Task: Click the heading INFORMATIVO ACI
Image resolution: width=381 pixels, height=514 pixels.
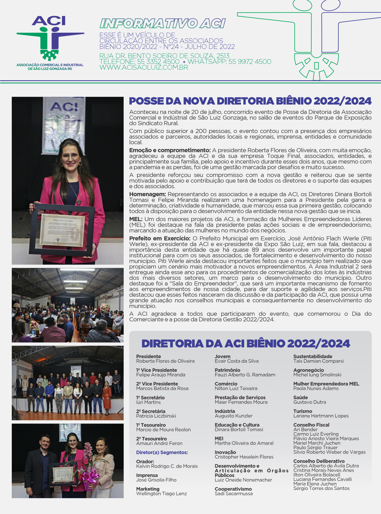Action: pyautogui.click(x=163, y=24)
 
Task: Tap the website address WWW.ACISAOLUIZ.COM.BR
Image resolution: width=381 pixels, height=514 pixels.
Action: pyautogui.click(x=144, y=67)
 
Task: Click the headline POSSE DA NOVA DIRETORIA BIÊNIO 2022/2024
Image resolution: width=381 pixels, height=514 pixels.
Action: pyautogui.click(x=250, y=101)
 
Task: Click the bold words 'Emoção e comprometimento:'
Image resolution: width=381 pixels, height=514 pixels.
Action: pyautogui.click(x=170, y=150)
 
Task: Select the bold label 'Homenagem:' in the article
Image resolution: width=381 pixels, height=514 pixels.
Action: pyautogui.click(x=148, y=194)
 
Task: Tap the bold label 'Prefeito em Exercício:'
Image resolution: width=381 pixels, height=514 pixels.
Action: pyautogui.click(x=160, y=238)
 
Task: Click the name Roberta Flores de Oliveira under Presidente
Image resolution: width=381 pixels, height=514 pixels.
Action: pyautogui.click(x=165, y=361)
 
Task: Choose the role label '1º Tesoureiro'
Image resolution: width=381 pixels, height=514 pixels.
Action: pyautogui.click(x=151, y=425)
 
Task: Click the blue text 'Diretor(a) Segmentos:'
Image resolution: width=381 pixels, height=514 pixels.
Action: pyautogui.click(x=162, y=452)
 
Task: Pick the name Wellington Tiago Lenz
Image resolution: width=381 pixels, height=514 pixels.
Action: pyautogui.click(x=161, y=494)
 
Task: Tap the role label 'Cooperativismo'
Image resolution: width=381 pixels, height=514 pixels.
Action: pyautogui.click(x=233, y=489)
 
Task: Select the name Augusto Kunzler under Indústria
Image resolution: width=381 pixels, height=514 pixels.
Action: pyautogui.click(x=233, y=416)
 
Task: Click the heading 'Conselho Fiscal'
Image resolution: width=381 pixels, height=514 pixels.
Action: pyautogui.click(x=311, y=425)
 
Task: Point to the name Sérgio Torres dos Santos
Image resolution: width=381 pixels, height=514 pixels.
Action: pyautogui.click(x=321, y=488)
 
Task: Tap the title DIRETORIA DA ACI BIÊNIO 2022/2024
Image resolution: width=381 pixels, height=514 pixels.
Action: pyautogui.click(x=246, y=343)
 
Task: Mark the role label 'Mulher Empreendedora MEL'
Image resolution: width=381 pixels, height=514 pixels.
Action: pyautogui.click(x=326, y=384)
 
